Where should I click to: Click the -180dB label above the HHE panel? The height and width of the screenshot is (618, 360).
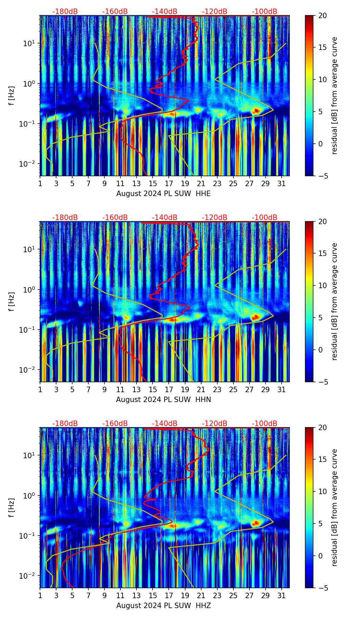pos(65,12)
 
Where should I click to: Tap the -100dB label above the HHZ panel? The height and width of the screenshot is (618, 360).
pos(265,424)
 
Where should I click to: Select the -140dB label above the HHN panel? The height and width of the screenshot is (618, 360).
pos(165,218)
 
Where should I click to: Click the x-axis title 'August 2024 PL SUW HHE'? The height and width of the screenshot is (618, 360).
pos(163,194)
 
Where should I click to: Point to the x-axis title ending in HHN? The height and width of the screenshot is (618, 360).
pos(163,400)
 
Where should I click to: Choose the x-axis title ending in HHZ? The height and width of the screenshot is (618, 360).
pos(163,606)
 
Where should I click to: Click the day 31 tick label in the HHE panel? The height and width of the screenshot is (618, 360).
pos(282,184)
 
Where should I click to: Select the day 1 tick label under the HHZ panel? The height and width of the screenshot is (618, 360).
pos(40,596)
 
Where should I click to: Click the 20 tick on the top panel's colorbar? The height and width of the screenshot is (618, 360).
pos(322,16)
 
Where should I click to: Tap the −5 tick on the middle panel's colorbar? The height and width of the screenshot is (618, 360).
pos(322,382)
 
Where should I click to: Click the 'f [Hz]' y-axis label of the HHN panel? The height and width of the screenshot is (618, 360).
pos(12,301)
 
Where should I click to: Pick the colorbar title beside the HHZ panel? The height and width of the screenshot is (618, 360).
pos(334,507)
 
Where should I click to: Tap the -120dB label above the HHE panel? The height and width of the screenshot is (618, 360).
pos(215,12)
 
